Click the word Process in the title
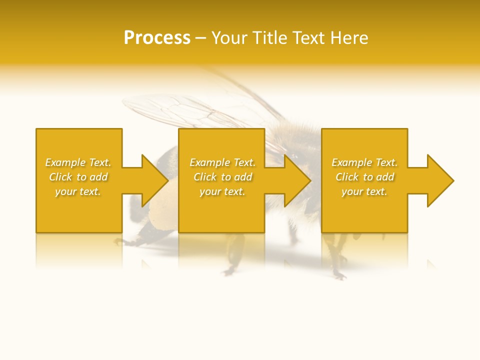pos(157,38)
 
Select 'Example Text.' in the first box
pos(78,162)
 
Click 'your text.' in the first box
pos(78,191)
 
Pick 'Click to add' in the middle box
pos(222,177)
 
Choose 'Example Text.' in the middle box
pos(222,162)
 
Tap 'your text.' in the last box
pos(364,191)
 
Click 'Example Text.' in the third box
pos(364,162)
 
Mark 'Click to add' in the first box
pos(78,177)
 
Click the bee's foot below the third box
pos(339,274)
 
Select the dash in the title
pos(201,38)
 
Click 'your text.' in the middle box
pos(222,191)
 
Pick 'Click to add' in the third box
pos(364,177)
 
